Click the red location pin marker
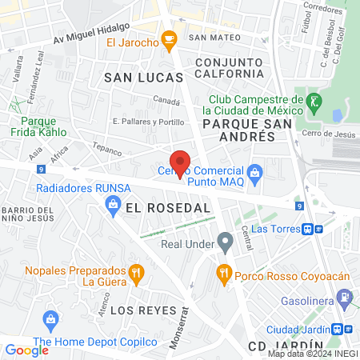(181, 163)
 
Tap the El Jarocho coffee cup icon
(169, 38)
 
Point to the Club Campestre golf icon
(314, 101)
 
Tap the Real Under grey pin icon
(226, 238)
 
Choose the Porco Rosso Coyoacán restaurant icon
(224, 274)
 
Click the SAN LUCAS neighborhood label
(144, 77)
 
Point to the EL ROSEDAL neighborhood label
(167, 207)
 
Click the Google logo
(26, 350)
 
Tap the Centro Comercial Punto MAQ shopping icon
(254, 171)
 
